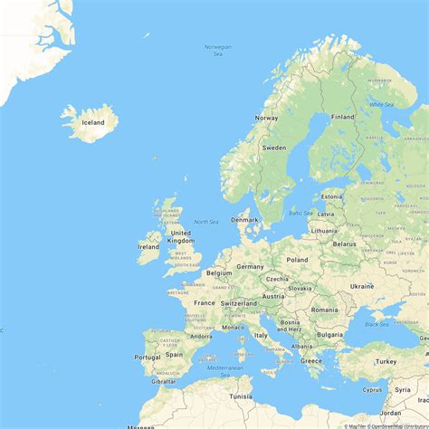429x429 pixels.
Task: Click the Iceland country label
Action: click(x=93, y=122)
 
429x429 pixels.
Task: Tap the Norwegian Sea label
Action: click(x=217, y=51)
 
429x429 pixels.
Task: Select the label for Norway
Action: click(x=266, y=118)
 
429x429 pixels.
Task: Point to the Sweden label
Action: click(x=273, y=148)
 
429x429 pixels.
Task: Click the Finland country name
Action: click(x=342, y=117)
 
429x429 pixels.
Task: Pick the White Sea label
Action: click(x=381, y=104)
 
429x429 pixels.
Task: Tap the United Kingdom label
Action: click(x=181, y=236)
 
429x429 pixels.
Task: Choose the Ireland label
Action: click(x=148, y=246)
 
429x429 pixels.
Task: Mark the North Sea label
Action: click(x=205, y=222)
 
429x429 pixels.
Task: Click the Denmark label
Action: click(x=244, y=219)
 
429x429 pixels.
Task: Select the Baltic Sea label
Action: click(x=300, y=213)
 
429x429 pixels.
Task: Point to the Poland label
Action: click(x=297, y=259)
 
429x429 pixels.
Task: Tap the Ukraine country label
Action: click(x=361, y=286)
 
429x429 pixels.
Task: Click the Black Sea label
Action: click(x=377, y=324)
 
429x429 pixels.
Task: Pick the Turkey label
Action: click(x=386, y=361)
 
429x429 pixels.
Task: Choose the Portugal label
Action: click(x=148, y=357)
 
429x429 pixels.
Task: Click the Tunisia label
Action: click(x=241, y=396)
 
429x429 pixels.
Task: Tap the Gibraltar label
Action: click(x=164, y=381)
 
